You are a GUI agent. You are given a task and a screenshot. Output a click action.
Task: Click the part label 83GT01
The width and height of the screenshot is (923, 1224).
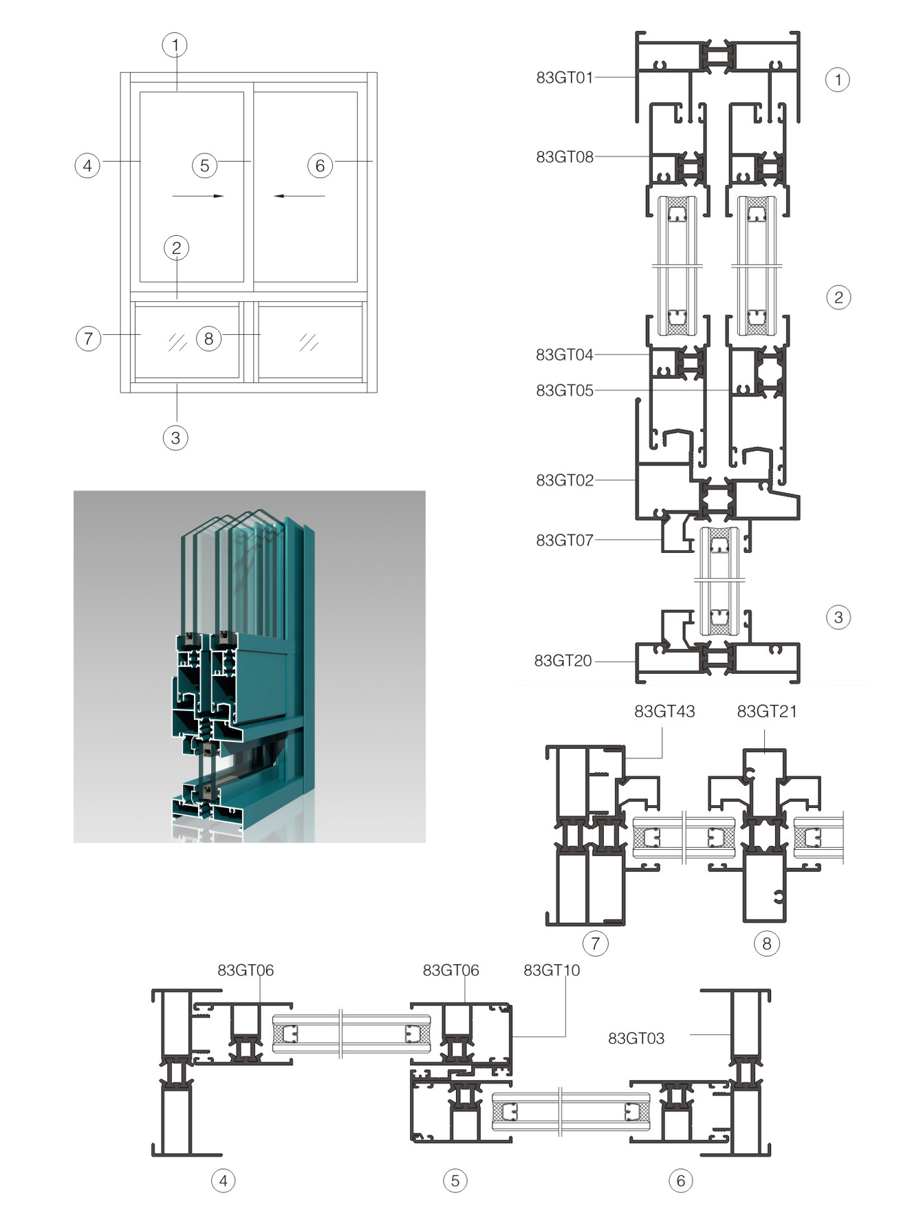564,78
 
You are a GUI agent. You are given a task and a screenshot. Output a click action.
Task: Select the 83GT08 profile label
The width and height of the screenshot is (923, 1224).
564,157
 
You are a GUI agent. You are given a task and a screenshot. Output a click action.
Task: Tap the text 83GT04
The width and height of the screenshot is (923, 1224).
564,355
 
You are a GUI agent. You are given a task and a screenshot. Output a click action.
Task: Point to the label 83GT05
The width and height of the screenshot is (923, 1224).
564,391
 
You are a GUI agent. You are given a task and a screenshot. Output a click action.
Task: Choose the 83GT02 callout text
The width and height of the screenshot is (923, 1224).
564,480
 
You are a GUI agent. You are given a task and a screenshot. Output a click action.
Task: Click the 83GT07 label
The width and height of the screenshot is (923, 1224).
564,540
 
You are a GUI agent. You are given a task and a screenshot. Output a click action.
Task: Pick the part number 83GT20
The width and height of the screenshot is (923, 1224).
563,661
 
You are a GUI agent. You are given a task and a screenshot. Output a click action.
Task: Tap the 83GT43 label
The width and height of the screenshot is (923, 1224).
664,712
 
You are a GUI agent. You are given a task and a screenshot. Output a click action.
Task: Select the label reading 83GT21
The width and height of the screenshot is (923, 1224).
766,712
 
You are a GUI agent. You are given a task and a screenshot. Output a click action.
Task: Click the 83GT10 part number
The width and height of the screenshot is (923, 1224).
551,970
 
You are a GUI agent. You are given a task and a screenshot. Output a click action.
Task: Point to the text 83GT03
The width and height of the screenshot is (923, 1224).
636,1038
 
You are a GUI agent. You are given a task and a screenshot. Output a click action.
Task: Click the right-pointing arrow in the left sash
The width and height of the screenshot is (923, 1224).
198,196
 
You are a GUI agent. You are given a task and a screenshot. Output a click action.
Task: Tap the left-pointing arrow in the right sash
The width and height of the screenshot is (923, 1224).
298,196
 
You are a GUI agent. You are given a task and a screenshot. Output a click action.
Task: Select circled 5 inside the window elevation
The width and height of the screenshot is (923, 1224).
204,166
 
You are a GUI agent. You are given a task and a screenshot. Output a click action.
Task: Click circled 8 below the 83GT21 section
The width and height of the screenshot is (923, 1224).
767,943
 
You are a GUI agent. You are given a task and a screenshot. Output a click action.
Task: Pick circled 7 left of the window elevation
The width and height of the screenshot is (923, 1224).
88,338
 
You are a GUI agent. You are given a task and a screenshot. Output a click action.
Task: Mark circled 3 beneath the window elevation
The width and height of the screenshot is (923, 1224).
175,437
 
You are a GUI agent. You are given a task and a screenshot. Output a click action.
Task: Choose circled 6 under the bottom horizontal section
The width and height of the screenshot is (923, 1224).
680,1181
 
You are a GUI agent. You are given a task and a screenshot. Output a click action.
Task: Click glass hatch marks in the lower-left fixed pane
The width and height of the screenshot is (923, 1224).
177,342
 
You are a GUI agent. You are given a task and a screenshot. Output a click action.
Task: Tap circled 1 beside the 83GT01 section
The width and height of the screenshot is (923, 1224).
837,80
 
